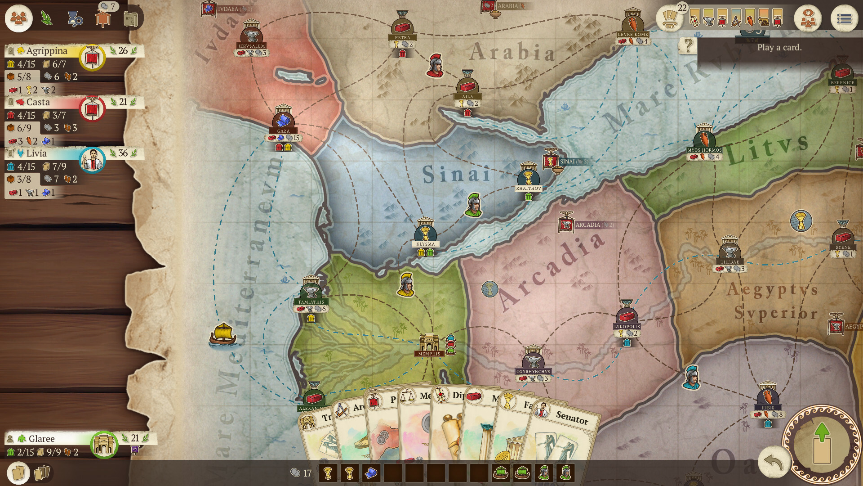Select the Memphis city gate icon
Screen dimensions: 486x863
[x=429, y=343]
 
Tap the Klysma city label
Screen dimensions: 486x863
[x=425, y=244]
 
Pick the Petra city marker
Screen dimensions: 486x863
[x=402, y=27]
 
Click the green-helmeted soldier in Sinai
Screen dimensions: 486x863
[x=473, y=205]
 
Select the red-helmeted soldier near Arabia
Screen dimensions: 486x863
[x=435, y=65]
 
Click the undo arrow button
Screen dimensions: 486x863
[x=773, y=462]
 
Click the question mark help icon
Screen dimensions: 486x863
[x=687, y=45]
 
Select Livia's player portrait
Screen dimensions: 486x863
[x=92, y=159]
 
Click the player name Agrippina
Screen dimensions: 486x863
[x=47, y=51]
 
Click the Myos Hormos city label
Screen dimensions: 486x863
[x=704, y=150]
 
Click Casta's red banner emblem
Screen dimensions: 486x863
[x=92, y=108]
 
